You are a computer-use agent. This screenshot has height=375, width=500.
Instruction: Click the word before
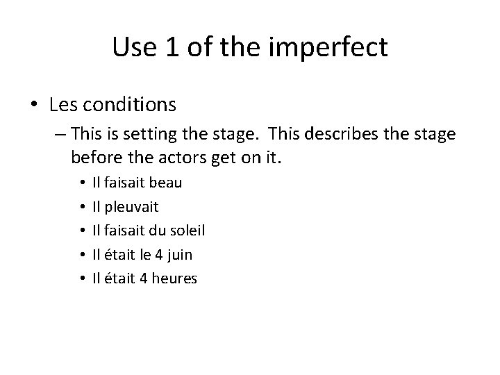pyautogui.click(x=97, y=158)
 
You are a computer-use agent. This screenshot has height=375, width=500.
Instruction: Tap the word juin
pyautogui.click(x=179, y=255)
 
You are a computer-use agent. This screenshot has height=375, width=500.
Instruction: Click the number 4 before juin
pyautogui.click(x=158, y=255)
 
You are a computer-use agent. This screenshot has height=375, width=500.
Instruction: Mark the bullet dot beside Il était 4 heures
pyautogui.click(x=82, y=279)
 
